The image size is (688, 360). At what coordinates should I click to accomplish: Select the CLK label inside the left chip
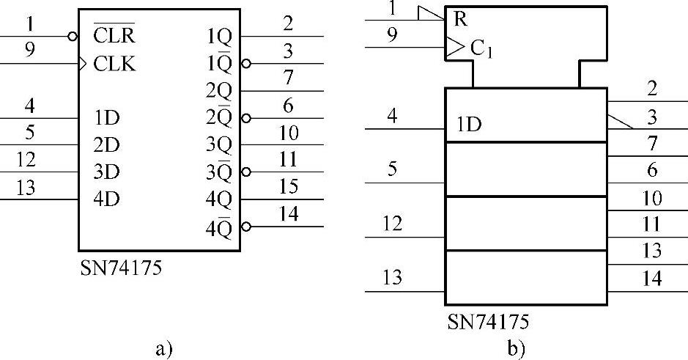click(115, 64)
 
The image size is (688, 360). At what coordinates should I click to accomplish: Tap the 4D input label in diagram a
click(107, 199)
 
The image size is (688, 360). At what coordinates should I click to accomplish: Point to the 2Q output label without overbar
click(218, 90)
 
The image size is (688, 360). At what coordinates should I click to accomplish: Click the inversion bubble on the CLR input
click(73, 35)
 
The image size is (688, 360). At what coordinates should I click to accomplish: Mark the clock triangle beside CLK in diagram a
click(83, 64)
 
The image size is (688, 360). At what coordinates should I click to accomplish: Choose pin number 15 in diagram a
click(289, 187)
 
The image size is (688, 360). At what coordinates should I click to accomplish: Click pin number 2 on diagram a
click(289, 23)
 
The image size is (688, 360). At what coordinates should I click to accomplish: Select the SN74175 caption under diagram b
click(488, 322)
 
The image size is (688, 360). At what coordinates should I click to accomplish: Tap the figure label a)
click(163, 348)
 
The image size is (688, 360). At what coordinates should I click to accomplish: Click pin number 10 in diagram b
click(651, 199)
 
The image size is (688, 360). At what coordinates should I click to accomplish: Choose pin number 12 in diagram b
click(393, 224)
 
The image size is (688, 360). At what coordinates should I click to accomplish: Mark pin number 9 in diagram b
click(393, 35)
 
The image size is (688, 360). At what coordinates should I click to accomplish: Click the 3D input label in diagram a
click(107, 172)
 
